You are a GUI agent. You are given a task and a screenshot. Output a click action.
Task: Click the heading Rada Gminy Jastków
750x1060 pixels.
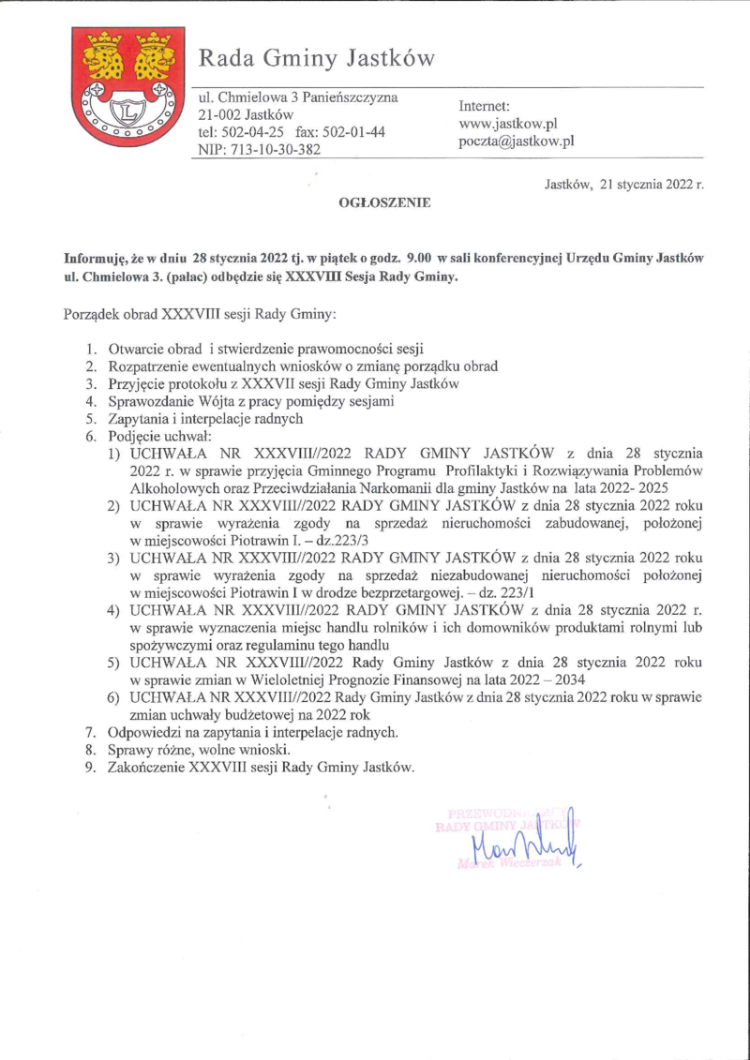click(317, 59)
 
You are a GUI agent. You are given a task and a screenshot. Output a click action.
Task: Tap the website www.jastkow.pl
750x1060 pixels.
click(508, 124)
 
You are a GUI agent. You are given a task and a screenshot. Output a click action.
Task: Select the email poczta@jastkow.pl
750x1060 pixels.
click(516, 142)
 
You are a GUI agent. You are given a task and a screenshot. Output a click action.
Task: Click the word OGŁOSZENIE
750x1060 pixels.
click(383, 201)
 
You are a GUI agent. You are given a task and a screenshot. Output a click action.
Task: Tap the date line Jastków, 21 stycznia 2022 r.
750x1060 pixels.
click(624, 185)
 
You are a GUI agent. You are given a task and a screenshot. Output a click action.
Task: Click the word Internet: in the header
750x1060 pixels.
click(485, 106)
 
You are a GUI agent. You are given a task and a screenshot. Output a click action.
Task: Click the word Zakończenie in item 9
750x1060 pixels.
click(147, 766)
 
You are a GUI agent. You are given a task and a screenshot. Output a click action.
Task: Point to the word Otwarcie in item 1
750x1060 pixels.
click(137, 348)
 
